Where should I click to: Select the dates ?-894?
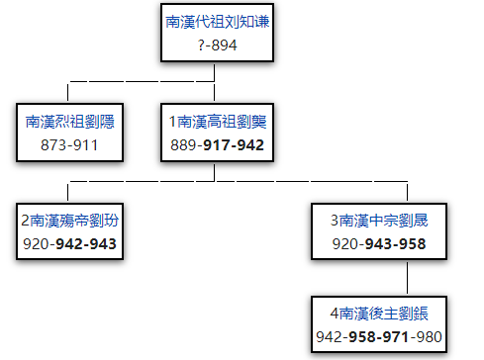click(x=216, y=45)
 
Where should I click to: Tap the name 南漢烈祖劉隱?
click(x=68, y=121)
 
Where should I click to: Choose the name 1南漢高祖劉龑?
click(x=217, y=121)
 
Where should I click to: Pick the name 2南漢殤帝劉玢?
click(x=68, y=220)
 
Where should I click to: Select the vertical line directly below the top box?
click(x=215, y=71)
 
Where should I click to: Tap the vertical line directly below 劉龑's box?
click(x=215, y=172)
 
